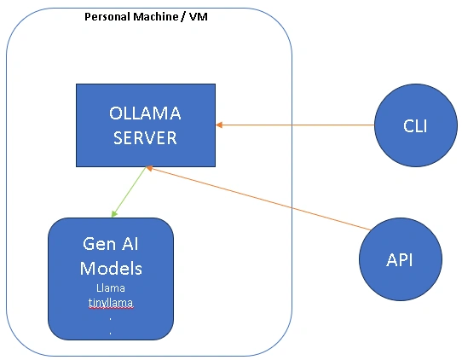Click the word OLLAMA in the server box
(145, 113)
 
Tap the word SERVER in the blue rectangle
(145, 137)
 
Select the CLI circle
(416, 125)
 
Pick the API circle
(401, 259)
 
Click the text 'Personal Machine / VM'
(146, 16)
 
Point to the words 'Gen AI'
(111, 244)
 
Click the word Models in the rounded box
(111, 269)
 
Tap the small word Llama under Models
(111, 287)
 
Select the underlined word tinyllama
(111, 303)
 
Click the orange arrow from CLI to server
(295, 125)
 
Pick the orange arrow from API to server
(258, 198)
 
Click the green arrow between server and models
(129, 192)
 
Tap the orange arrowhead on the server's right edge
(219, 125)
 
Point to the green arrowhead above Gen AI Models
(114, 213)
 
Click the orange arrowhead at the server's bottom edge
(149, 168)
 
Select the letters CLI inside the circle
(415, 126)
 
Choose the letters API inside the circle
(399, 260)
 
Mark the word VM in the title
(199, 16)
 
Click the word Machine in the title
(155, 16)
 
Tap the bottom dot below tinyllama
(111, 334)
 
